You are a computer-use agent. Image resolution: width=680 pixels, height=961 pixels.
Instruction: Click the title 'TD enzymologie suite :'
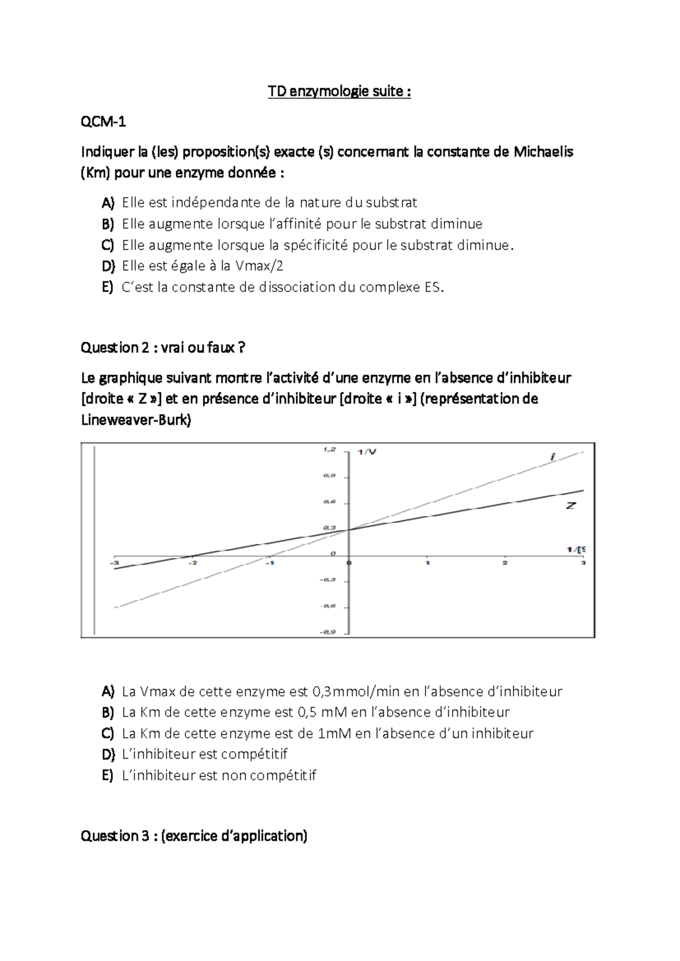[339, 92]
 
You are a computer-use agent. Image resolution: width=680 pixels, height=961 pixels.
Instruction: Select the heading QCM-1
[103, 121]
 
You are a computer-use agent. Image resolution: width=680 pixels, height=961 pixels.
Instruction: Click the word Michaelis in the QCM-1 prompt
[543, 152]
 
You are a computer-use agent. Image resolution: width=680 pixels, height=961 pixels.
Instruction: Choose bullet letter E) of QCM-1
[108, 287]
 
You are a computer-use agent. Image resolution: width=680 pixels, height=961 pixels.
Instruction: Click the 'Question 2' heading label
[114, 347]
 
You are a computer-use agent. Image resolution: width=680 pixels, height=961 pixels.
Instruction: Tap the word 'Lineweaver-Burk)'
[137, 420]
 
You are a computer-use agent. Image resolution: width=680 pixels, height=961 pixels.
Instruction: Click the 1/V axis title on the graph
[367, 451]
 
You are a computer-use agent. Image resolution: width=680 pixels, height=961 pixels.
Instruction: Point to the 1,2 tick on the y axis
[329, 449]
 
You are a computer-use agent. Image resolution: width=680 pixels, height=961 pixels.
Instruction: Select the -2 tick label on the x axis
[193, 563]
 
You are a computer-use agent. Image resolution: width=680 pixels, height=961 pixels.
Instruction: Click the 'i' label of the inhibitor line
[552, 456]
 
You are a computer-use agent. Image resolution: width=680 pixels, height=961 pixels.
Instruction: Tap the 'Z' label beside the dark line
[571, 505]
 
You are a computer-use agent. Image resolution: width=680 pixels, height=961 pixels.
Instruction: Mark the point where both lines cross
[348, 529]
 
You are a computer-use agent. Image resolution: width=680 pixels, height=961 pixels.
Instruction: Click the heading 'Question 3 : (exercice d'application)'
[194, 836]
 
